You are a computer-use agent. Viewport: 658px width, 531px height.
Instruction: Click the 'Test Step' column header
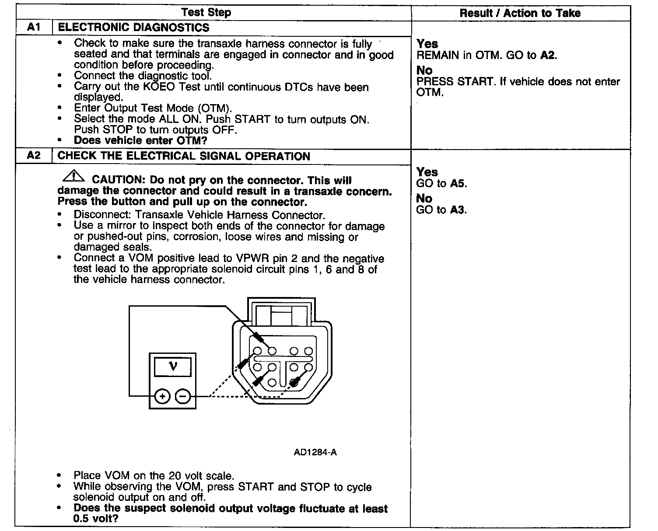point(206,12)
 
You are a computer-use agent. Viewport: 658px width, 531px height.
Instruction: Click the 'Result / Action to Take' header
point(520,13)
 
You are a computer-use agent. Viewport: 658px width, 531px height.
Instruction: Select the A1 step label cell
point(34,27)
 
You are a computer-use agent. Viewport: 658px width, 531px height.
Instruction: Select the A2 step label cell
point(34,156)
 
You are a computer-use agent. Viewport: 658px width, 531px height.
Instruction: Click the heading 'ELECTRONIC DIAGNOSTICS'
point(133,28)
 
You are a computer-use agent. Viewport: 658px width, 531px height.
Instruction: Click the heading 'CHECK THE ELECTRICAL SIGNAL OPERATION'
point(184,156)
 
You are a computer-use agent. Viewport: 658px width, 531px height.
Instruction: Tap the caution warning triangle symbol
point(73,177)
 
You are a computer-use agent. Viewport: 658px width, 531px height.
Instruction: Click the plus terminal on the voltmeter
point(162,397)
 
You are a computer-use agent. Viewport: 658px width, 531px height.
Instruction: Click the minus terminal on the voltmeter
point(183,397)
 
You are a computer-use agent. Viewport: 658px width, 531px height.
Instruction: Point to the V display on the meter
point(173,367)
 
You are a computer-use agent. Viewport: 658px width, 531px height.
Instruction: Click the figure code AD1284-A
point(315,452)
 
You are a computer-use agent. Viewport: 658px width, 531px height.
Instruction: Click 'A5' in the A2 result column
point(458,184)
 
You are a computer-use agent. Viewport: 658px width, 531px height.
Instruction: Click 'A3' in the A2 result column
point(458,210)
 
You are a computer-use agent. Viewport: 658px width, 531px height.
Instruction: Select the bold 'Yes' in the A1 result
point(427,44)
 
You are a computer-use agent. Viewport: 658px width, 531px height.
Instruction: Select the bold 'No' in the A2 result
point(424,199)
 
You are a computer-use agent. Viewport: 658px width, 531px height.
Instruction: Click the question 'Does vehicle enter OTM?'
point(140,140)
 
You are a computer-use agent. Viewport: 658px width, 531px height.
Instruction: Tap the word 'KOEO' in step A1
point(158,87)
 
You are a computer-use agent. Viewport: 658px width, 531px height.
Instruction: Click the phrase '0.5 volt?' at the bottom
point(96,519)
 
